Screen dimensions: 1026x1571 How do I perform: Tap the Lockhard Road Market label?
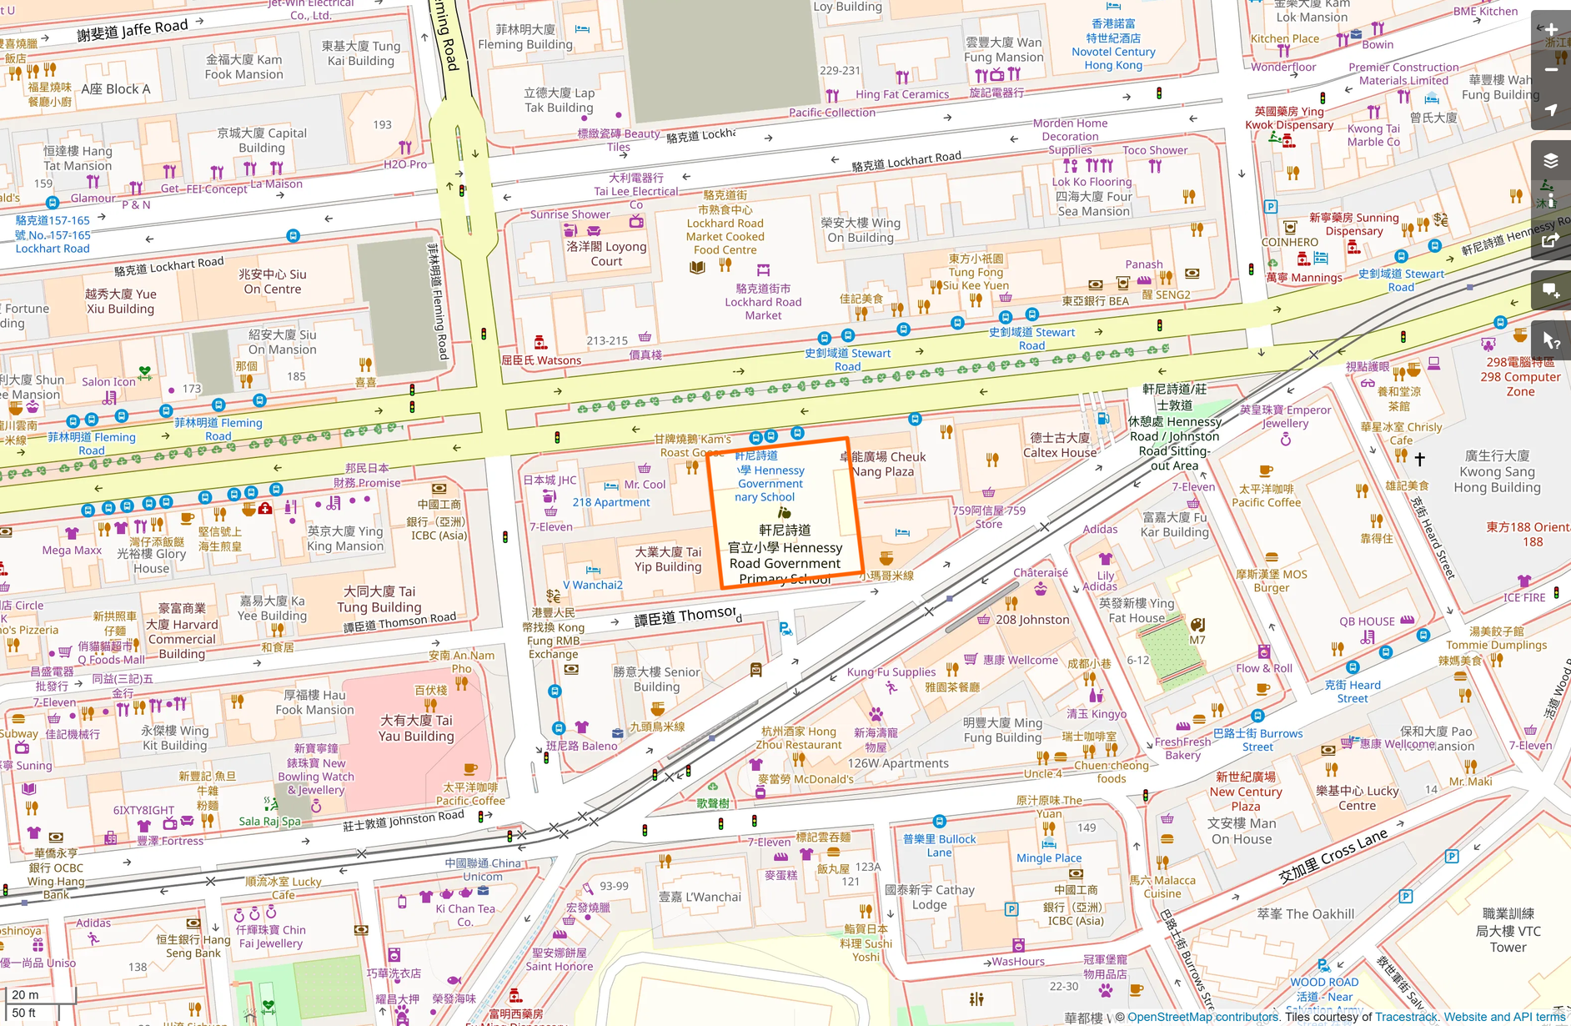coord(763,302)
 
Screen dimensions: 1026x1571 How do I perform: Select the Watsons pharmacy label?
coord(541,360)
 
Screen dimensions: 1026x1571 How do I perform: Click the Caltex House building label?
coord(1060,445)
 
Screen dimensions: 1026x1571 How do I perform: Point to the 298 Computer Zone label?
coord(1520,377)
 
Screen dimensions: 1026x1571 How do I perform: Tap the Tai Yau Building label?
coord(416,727)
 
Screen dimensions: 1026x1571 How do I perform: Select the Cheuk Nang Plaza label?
coord(883,464)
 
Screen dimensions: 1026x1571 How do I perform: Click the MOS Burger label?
coord(1272,581)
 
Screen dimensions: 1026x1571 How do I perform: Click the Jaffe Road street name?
coord(133,31)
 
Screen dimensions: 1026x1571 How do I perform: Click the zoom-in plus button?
coord(1551,30)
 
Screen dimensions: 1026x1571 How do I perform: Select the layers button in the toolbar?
coord(1551,161)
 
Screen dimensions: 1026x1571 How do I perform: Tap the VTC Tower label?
coord(1508,931)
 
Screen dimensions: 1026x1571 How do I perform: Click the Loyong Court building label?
coord(606,254)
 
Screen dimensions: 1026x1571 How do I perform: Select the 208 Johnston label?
coord(1032,620)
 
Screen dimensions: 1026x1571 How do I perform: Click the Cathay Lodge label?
coord(929,898)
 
